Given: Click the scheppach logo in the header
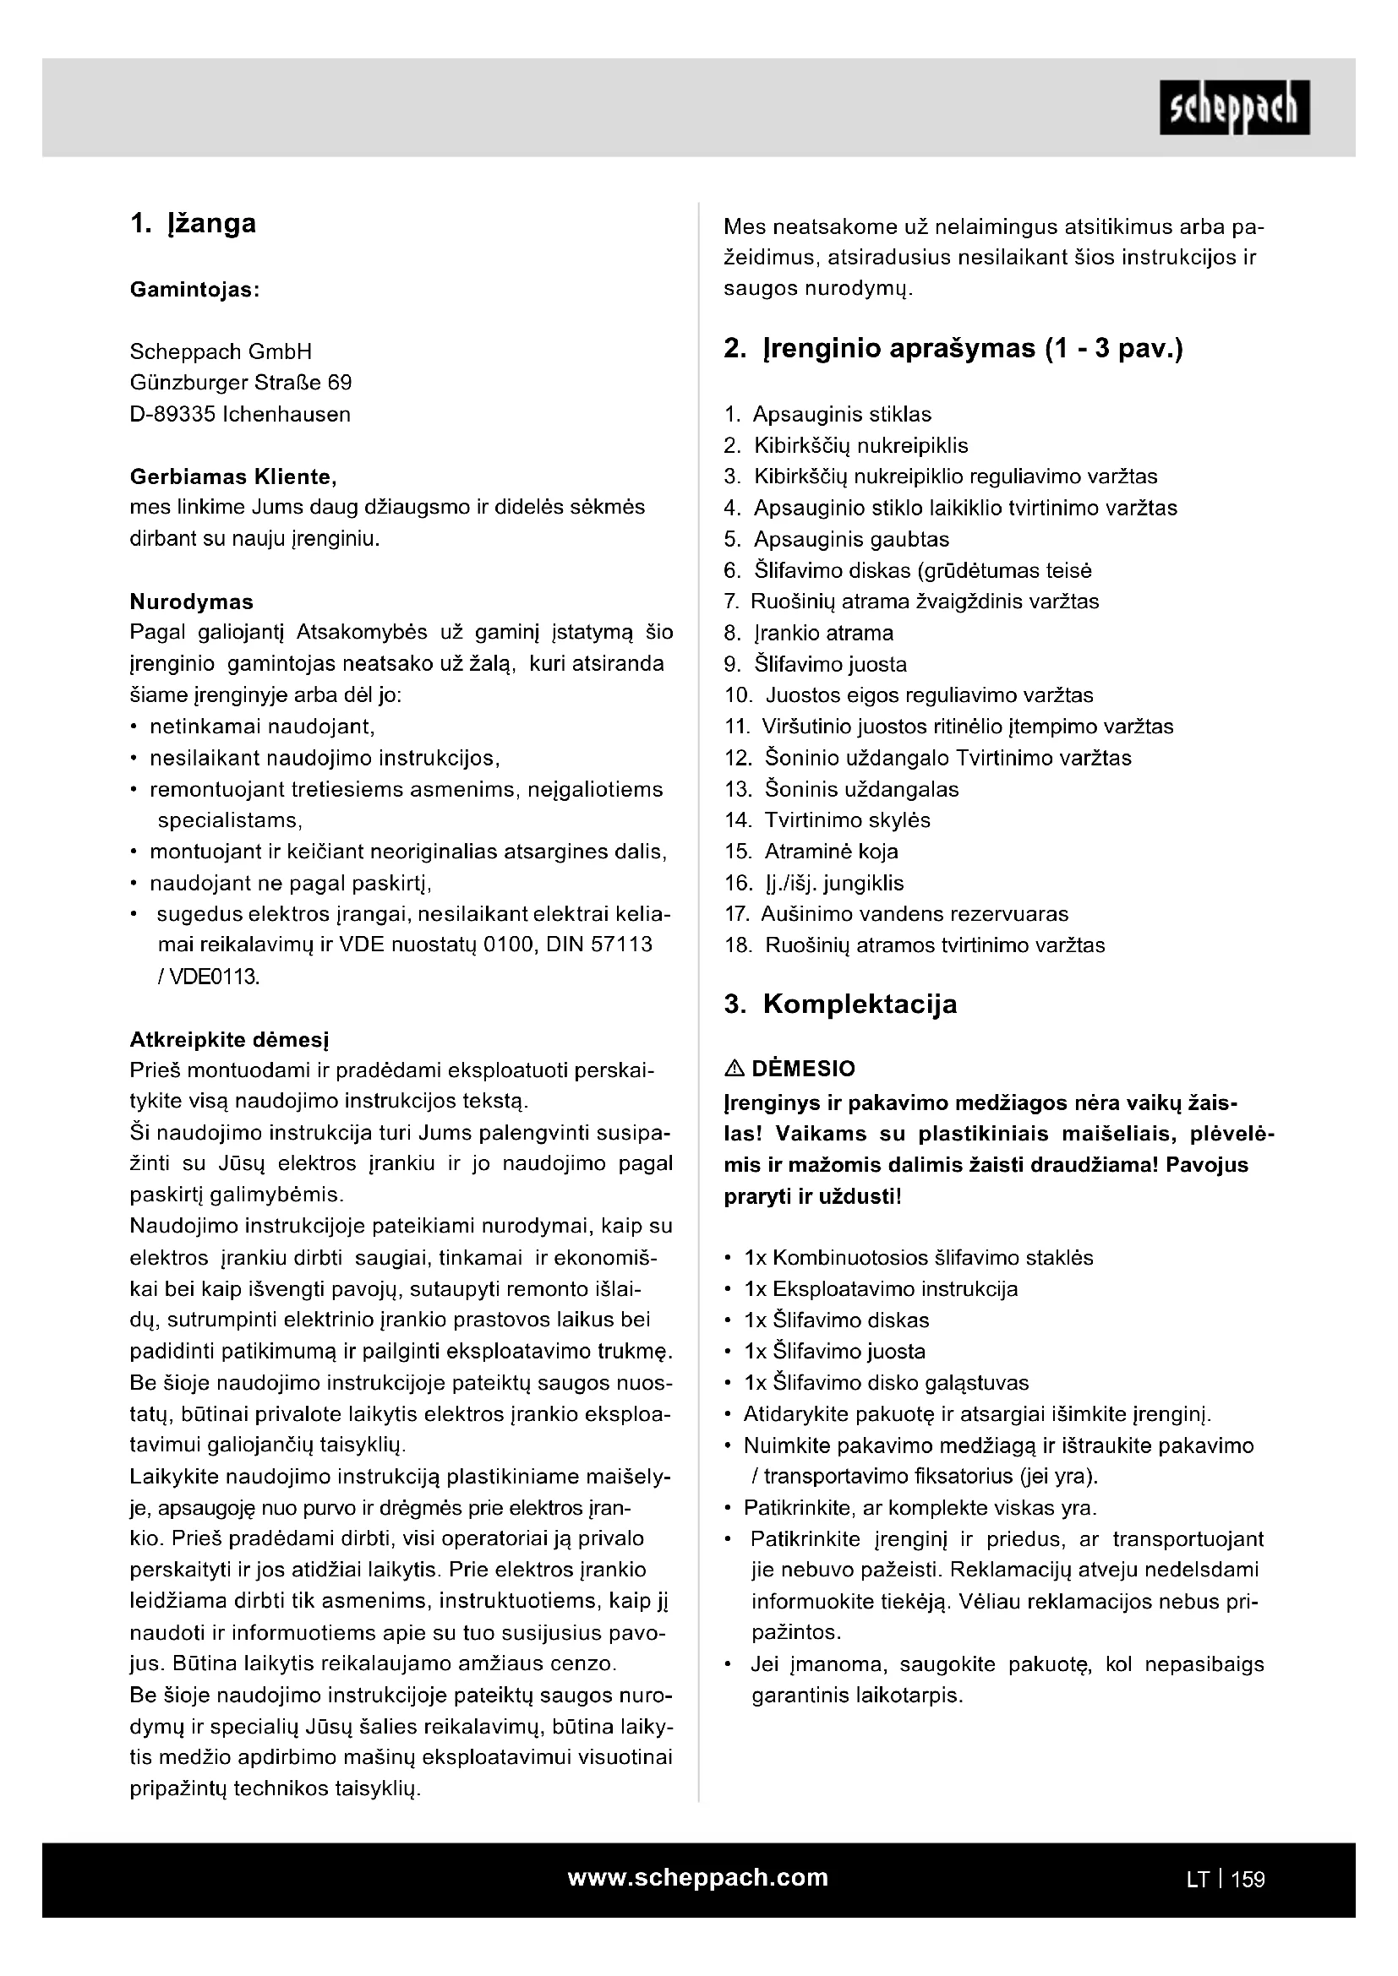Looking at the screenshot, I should tap(1233, 107).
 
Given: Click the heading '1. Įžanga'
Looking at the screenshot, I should tap(193, 224).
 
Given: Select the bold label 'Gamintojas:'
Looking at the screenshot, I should tap(194, 290).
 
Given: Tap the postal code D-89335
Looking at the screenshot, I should tap(172, 414).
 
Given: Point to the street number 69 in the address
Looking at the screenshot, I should tap(339, 382).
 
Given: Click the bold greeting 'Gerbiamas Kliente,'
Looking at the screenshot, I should tap(233, 476).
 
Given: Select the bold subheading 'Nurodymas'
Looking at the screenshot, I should tap(191, 601).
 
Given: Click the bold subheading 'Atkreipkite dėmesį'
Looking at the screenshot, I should tap(229, 1039).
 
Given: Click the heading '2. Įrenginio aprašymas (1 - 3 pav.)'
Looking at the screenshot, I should tap(953, 349).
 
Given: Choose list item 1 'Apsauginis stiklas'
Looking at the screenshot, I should tap(841, 414).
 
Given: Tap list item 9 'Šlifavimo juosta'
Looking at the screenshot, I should tap(830, 663).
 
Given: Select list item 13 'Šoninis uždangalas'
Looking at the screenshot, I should tap(860, 788).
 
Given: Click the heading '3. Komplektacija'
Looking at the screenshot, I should tap(840, 1004).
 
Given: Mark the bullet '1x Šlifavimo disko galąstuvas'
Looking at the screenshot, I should tap(886, 1382).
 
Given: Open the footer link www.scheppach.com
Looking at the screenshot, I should tap(697, 1877).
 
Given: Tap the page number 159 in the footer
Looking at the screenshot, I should tap(1248, 1879).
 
